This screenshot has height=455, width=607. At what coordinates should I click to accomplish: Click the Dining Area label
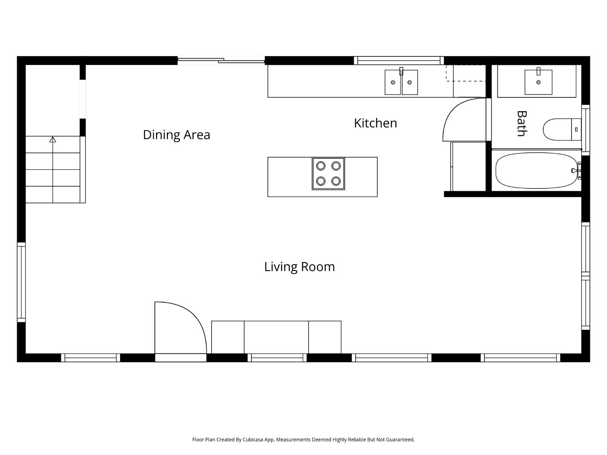(176, 135)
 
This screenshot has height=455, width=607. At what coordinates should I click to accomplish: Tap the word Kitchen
(375, 123)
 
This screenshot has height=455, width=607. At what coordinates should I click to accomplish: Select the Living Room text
(299, 267)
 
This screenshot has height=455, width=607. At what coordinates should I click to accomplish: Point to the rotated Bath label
(521, 123)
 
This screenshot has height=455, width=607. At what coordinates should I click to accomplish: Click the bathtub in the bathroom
(535, 171)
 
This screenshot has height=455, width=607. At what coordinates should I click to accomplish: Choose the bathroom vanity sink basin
(538, 82)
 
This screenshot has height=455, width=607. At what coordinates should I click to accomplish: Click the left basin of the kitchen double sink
(392, 83)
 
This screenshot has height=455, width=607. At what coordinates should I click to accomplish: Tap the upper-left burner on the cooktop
(321, 166)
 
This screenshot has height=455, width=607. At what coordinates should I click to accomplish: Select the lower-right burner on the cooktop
(336, 181)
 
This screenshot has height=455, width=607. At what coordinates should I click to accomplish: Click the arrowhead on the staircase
(53, 139)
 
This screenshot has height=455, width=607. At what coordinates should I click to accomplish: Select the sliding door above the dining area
(220, 61)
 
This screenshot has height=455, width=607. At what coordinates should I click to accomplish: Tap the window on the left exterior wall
(21, 282)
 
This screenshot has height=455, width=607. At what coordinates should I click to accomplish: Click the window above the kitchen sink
(398, 61)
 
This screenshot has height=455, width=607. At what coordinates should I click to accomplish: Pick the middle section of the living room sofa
(276, 337)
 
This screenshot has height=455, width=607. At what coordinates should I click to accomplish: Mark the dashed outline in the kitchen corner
(466, 73)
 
